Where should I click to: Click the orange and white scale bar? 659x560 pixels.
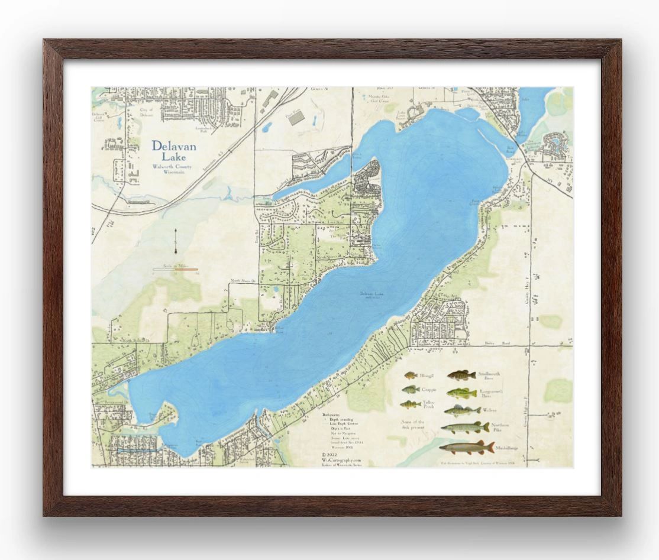coord(175,269)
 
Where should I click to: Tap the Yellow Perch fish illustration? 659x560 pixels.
coord(410,404)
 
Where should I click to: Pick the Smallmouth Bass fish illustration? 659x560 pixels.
coord(461,376)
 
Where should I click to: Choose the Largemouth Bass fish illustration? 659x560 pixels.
coord(461,393)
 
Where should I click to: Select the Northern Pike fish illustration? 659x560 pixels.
coord(465,427)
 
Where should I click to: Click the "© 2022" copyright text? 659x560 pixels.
coord(329,454)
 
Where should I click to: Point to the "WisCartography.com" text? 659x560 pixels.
coord(341,459)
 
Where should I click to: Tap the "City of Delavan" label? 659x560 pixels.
coord(146,112)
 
